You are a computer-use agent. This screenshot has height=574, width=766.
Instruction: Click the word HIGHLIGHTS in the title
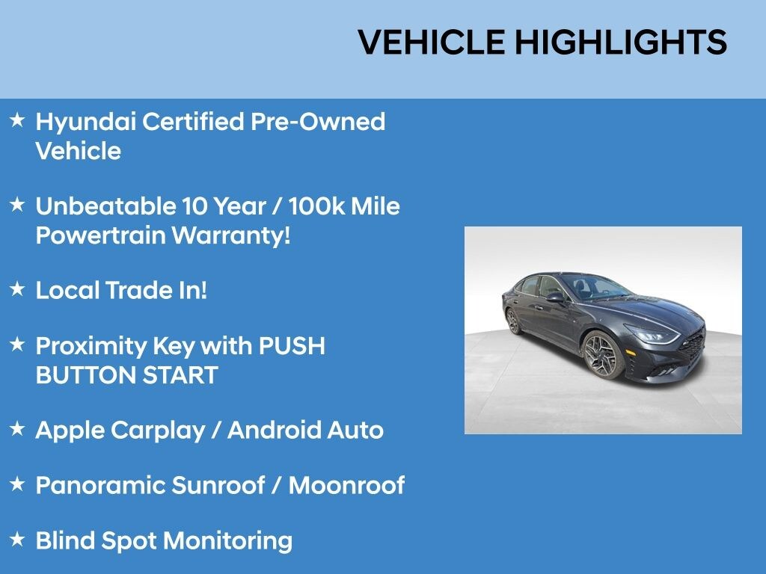pos(621,42)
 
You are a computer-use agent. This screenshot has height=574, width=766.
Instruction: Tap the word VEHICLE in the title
pos(432,42)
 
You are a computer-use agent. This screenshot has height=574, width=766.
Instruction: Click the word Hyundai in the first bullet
pos(86,123)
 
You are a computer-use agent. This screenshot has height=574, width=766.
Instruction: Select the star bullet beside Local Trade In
pos(18,288)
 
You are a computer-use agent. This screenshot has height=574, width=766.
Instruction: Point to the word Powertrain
pos(101,235)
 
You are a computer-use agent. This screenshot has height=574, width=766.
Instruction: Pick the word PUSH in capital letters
pos(292,346)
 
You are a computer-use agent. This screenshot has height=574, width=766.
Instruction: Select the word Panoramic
pos(101,485)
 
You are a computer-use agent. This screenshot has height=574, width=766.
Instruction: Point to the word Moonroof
pos(346,485)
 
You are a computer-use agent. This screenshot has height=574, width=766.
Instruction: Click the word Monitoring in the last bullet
pos(227,542)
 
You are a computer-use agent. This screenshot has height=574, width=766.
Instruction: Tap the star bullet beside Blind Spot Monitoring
pos(18,540)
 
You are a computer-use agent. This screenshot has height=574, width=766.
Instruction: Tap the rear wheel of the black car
pos(513,321)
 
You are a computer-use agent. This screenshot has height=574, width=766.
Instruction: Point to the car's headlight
pos(652,335)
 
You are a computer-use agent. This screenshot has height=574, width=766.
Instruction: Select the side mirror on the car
pos(556,297)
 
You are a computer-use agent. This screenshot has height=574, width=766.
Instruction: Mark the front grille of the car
pos(693,345)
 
